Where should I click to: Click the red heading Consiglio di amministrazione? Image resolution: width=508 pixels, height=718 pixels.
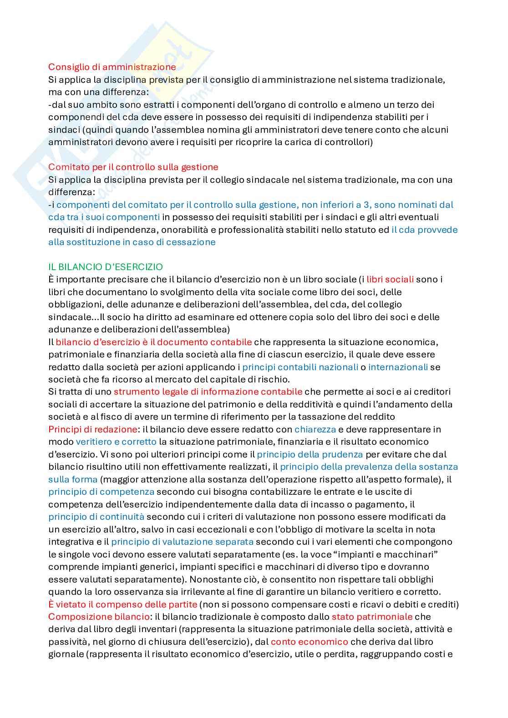click(112, 67)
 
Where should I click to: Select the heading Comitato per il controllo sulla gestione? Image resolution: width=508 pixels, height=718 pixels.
click(133, 167)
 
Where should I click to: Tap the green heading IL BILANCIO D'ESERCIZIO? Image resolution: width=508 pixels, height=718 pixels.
click(105, 267)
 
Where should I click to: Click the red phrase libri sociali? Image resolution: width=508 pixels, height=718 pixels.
click(390, 279)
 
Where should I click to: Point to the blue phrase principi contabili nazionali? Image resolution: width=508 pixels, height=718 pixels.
click(300, 367)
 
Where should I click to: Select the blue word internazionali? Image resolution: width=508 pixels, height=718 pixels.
click(398, 367)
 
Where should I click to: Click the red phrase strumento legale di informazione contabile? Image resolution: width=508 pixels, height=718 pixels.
click(208, 392)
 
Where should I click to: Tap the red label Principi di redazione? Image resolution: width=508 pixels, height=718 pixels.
click(92, 429)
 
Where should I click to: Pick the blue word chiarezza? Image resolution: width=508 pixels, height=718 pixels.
click(315, 429)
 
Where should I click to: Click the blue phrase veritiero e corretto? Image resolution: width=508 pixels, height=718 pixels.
click(116, 442)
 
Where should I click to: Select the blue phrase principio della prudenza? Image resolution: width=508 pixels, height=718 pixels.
click(310, 454)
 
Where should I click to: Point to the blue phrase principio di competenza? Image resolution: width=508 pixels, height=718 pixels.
click(101, 492)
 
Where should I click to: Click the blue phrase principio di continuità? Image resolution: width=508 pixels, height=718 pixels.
click(96, 517)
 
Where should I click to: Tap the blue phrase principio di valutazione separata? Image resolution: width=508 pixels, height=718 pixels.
click(182, 542)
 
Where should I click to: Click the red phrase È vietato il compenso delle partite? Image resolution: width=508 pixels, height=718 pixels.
click(122, 604)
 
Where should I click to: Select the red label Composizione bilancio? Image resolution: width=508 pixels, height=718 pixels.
click(99, 617)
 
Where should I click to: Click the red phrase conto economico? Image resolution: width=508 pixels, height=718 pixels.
click(309, 642)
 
